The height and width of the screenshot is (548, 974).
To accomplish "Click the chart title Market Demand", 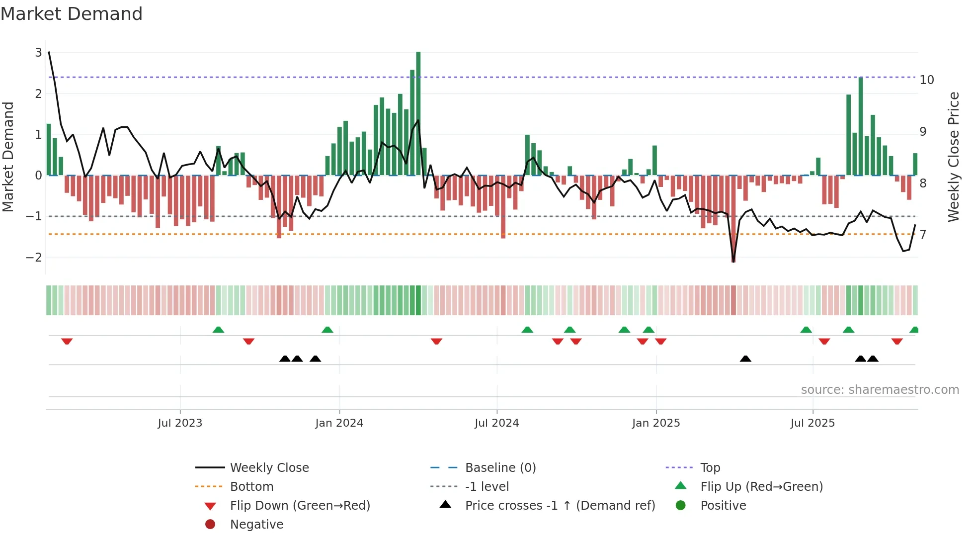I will (x=72, y=14).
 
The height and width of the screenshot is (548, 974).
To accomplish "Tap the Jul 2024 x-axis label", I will (x=496, y=423).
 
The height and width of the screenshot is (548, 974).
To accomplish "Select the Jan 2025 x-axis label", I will (x=656, y=423).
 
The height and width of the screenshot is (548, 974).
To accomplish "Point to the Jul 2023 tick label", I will (x=180, y=423).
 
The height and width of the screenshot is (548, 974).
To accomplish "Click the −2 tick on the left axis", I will (x=34, y=257).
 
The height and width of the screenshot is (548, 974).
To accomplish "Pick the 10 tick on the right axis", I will (x=927, y=80).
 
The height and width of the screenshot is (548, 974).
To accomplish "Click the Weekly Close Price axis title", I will (x=953, y=157).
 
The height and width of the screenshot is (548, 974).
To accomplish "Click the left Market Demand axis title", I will (x=8, y=157).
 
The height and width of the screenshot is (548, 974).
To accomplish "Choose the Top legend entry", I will (x=710, y=468).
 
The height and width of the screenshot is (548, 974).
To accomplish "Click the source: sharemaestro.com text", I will (x=880, y=390).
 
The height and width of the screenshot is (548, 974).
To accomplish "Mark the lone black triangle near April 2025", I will (x=745, y=359).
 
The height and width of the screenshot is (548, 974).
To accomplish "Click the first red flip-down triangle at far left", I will (x=67, y=341).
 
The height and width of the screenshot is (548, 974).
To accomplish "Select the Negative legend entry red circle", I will (x=210, y=525).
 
